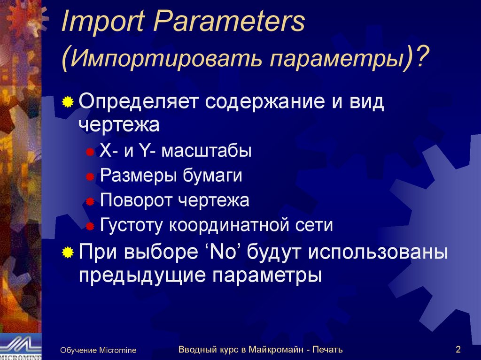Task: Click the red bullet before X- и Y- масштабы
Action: pyautogui.click(x=90, y=152)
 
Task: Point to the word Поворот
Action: pyautogui.click(x=136, y=201)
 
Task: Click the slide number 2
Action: pyautogui.click(x=458, y=349)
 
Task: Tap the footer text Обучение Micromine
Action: pyautogui.click(x=98, y=350)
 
